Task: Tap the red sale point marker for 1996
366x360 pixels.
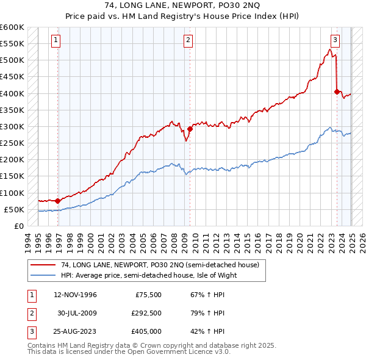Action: click(57, 201)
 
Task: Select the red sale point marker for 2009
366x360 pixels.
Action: click(190, 129)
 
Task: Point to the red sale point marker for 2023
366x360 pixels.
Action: click(337, 92)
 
